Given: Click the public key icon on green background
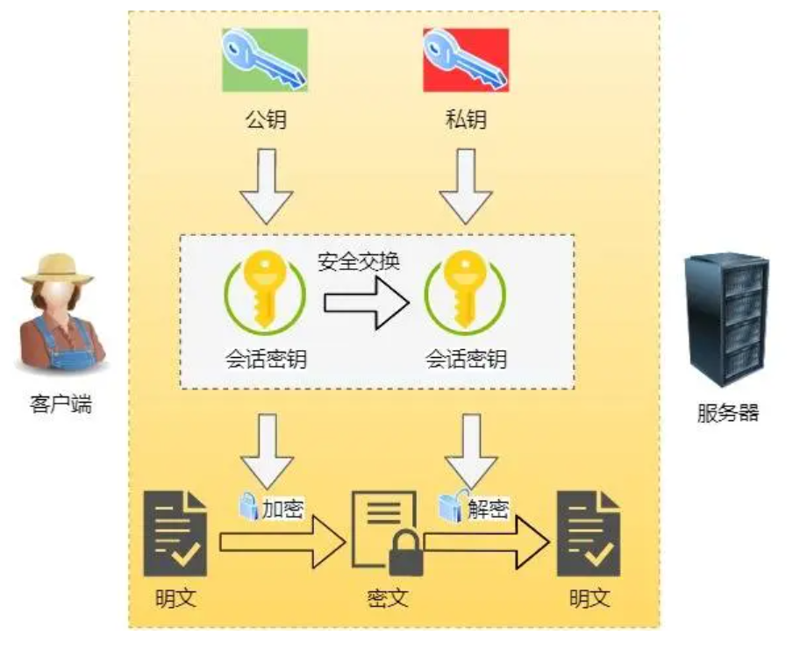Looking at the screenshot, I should point(265,60).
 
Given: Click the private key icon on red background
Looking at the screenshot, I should point(466,60).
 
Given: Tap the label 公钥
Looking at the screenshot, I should point(265,119).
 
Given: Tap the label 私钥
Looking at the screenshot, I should point(465,119).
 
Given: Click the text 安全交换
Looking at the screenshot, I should point(358,261).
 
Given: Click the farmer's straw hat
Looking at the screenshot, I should point(58,268).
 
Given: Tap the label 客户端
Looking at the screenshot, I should point(59,405).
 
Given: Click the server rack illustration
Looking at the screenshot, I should point(727,319).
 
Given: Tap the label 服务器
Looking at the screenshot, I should point(728,412).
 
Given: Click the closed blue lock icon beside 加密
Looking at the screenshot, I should point(248,503).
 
